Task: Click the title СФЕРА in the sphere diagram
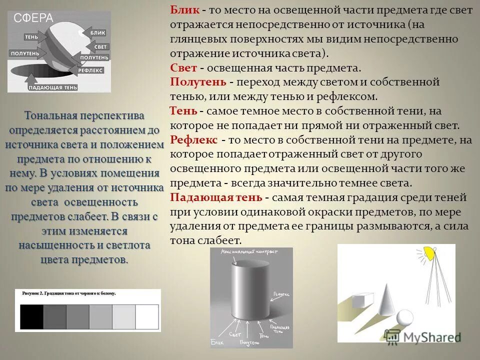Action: (33, 19)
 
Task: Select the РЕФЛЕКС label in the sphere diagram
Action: (90, 70)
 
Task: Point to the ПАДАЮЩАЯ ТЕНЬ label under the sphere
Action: (52, 87)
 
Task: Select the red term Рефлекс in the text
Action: (193, 139)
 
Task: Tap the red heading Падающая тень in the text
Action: (217, 197)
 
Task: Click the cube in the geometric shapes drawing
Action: (359, 299)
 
